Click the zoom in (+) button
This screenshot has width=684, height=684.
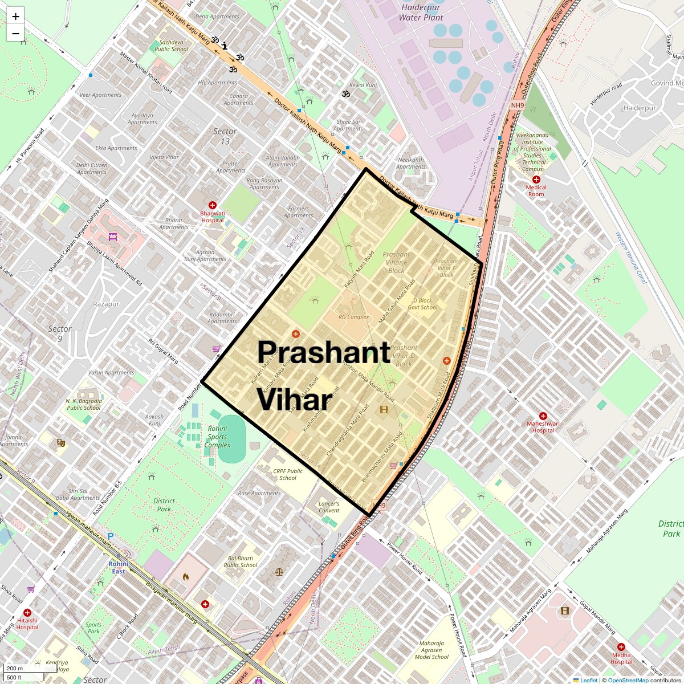pos(15,17)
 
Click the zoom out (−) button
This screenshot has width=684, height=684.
pos(15,33)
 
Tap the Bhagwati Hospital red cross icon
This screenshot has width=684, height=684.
pos(213,205)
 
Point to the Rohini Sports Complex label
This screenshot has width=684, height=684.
pos(217,437)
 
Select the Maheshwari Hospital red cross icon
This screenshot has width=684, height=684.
pos(543,416)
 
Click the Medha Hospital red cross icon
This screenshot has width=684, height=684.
pos(621,648)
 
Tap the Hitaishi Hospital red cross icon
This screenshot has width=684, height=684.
pos(27,613)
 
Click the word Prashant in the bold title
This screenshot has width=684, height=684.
pos(323,353)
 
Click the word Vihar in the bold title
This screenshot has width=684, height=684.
pos(294,400)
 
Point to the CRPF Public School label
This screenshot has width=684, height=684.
pos(288,474)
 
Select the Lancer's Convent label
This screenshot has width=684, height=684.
pos(329,507)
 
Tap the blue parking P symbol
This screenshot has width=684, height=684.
pos(111,536)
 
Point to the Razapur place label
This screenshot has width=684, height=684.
pos(106,304)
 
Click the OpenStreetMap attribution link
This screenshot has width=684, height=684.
pos(628,680)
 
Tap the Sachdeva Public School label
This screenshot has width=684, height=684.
pos(171,46)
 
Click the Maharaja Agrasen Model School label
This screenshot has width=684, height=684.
pos(431,650)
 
